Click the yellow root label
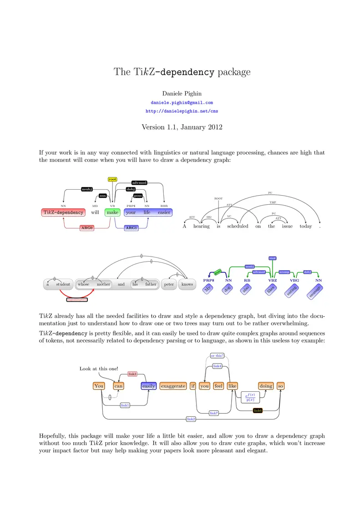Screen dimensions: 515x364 click(x=112, y=179)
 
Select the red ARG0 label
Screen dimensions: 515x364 click(x=86, y=227)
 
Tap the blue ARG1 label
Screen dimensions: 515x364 click(x=131, y=227)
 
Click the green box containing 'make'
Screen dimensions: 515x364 click(x=112, y=212)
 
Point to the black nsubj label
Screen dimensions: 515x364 click(x=87, y=189)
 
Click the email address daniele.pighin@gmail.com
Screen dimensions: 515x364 click(x=182, y=103)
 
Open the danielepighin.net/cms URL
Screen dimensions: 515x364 click(x=182, y=111)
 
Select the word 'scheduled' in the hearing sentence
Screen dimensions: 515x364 click(x=238, y=226)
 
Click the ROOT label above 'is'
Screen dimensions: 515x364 click(x=218, y=199)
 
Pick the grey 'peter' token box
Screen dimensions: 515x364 click(x=169, y=284)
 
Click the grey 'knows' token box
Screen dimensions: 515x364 click(x=187, y=284)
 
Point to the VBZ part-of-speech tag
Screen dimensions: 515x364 click(x=273, y=281)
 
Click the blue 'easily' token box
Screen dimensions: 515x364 click(x=149, y=386)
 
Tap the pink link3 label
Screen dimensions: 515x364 click(x=132, y=374)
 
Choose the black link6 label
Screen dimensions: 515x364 click(x=258, y=410)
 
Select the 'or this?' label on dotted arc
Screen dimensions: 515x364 click(x=217, y=356)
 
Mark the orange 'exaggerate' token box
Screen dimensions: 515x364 click(x=173, y=386)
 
